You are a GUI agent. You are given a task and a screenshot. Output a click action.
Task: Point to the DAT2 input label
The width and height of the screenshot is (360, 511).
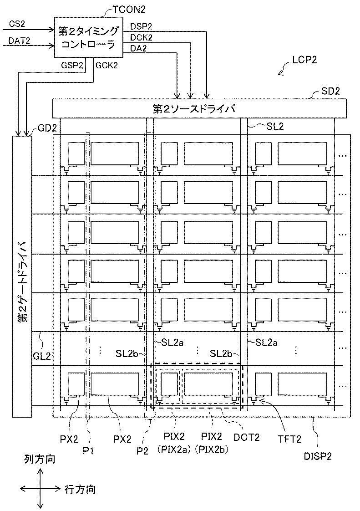19,41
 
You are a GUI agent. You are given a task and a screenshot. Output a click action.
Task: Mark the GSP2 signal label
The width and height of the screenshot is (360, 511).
72,65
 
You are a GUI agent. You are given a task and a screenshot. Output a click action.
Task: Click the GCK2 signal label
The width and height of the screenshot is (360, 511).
107,65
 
